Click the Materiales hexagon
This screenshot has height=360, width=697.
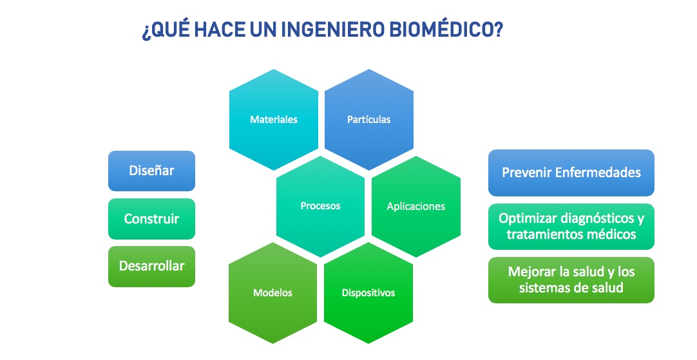pos(274,120)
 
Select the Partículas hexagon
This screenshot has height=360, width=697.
pos(369,120)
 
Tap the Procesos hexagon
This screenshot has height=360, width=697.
pos(321,206)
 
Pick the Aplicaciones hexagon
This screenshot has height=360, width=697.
pos(416,206)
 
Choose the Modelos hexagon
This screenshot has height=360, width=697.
pos(273,293)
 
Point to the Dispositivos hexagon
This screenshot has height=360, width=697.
pos(368,293)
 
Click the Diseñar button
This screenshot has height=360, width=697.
pos(151,171)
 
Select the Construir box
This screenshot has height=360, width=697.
pos(151,219)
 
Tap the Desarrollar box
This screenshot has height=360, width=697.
pos(151,266)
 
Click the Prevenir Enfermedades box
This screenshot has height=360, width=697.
pos(571,173)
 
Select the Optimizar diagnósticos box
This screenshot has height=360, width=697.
pos(571,227)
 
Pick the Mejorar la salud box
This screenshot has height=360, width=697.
pos(571,280)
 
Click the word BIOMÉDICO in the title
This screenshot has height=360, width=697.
pos(446,30)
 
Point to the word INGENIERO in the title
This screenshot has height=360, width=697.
pos(332,30)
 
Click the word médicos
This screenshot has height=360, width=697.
pos(614,234)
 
